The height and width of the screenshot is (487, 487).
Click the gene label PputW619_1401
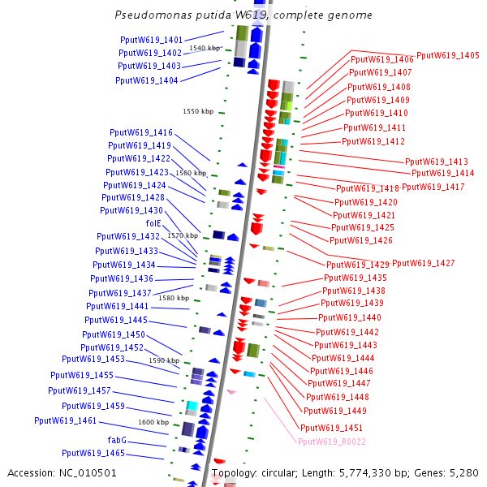tap(151, 40)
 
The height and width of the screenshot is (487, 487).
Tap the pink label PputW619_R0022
tap(330, 442)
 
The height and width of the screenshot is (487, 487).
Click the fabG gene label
tap(117, 440)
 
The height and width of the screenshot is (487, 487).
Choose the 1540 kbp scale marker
tap(205, 48)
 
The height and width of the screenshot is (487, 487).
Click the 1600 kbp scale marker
tap(153, 422)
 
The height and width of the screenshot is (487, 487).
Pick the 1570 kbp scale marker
tap(183, 235)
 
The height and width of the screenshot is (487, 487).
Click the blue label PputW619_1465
tap(93, 453)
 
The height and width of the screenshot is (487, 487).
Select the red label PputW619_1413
tap(437, 162)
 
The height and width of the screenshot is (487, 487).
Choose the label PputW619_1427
tap(423, 263)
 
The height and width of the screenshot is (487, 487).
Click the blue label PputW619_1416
tap(141, 132)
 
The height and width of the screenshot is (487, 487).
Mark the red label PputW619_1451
tap(331, 428)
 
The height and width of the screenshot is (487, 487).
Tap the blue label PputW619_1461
tap(66, 420)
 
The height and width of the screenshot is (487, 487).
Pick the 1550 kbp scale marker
tap(198, 111)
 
